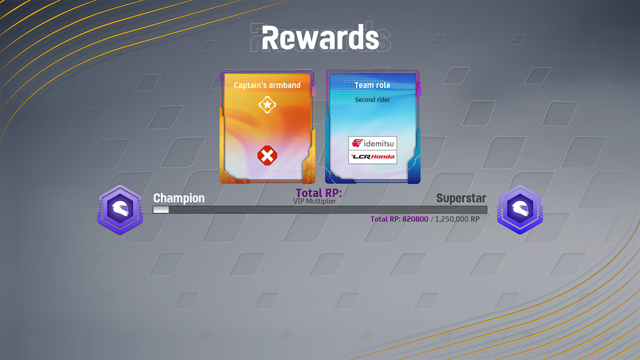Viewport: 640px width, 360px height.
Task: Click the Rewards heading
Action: pos(320,38)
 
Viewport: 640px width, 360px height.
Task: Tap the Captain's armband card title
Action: pos(267,85)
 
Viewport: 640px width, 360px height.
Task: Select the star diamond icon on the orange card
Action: pos(267,105)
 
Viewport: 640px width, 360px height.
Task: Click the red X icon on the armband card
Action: pos(267,155)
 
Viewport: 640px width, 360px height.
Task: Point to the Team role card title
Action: pos(372,85)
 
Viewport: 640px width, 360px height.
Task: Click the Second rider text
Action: pos(372,100)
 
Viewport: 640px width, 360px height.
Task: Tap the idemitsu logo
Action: pos(373,143)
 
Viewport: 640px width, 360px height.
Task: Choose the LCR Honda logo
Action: pos(373,157)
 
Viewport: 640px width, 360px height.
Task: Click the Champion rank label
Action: pos(179,198)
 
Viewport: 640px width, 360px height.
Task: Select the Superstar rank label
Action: pos(461,198)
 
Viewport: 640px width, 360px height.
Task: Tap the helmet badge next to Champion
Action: pos(120,210)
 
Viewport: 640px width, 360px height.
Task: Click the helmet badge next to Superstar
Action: pos(520,210)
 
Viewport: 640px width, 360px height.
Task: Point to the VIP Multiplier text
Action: pos(315,201)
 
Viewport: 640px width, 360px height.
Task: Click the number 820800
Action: pos(415,219)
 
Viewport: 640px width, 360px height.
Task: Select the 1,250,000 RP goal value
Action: pos(457,219)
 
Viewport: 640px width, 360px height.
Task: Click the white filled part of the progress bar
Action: pos(161,210)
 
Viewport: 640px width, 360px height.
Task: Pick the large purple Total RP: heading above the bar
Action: pos(319,193)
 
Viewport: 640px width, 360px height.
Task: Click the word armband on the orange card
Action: pos(285,85)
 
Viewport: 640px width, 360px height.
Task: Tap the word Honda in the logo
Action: pos(383,157)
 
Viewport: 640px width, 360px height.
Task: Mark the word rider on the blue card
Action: pos(383,100)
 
